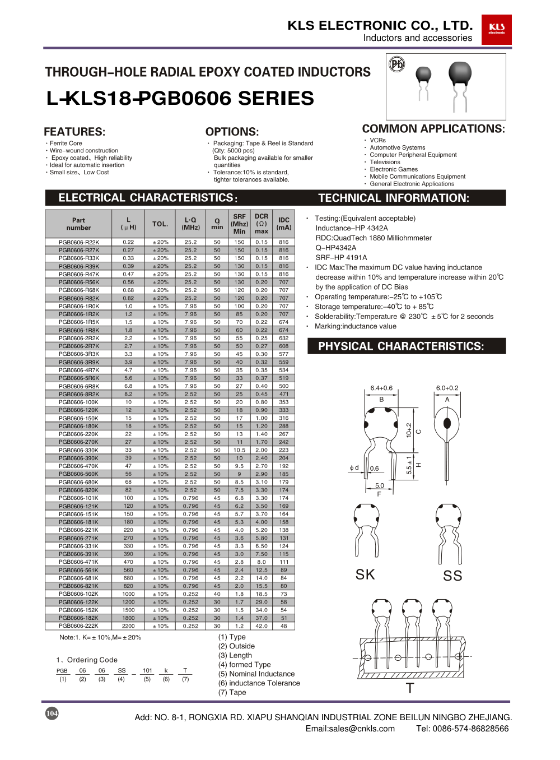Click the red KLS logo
(x=496, y=29)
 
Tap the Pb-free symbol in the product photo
(x=396, y=64)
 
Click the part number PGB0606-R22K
(x=79, y=242)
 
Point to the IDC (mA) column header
(x=284, y=224)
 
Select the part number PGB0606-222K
(x=79, y=626)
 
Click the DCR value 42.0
(x=262, y=626)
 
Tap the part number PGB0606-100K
(x=79, y=402)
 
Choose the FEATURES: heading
(x=74, y=132)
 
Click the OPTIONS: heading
(x=232, y=132)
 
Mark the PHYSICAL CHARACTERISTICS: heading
(x=401, y=346)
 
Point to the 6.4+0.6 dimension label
(x=381, y=388)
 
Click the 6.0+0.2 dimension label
(x=447, y=388)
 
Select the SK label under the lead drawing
(x=365, y=574)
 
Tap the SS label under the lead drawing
(x=452, y=576)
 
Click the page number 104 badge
(x=52, y=713)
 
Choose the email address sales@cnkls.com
(x=350, y=729)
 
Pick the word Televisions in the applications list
(x=385, y=162)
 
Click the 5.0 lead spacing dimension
(x=380, y=485)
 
